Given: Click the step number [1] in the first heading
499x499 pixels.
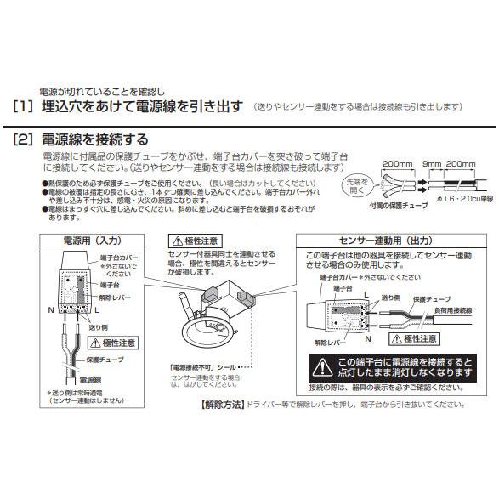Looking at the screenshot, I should point(23,107).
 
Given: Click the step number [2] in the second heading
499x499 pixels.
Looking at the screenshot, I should point(23,139).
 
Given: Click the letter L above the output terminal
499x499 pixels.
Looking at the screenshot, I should point(366,292).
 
